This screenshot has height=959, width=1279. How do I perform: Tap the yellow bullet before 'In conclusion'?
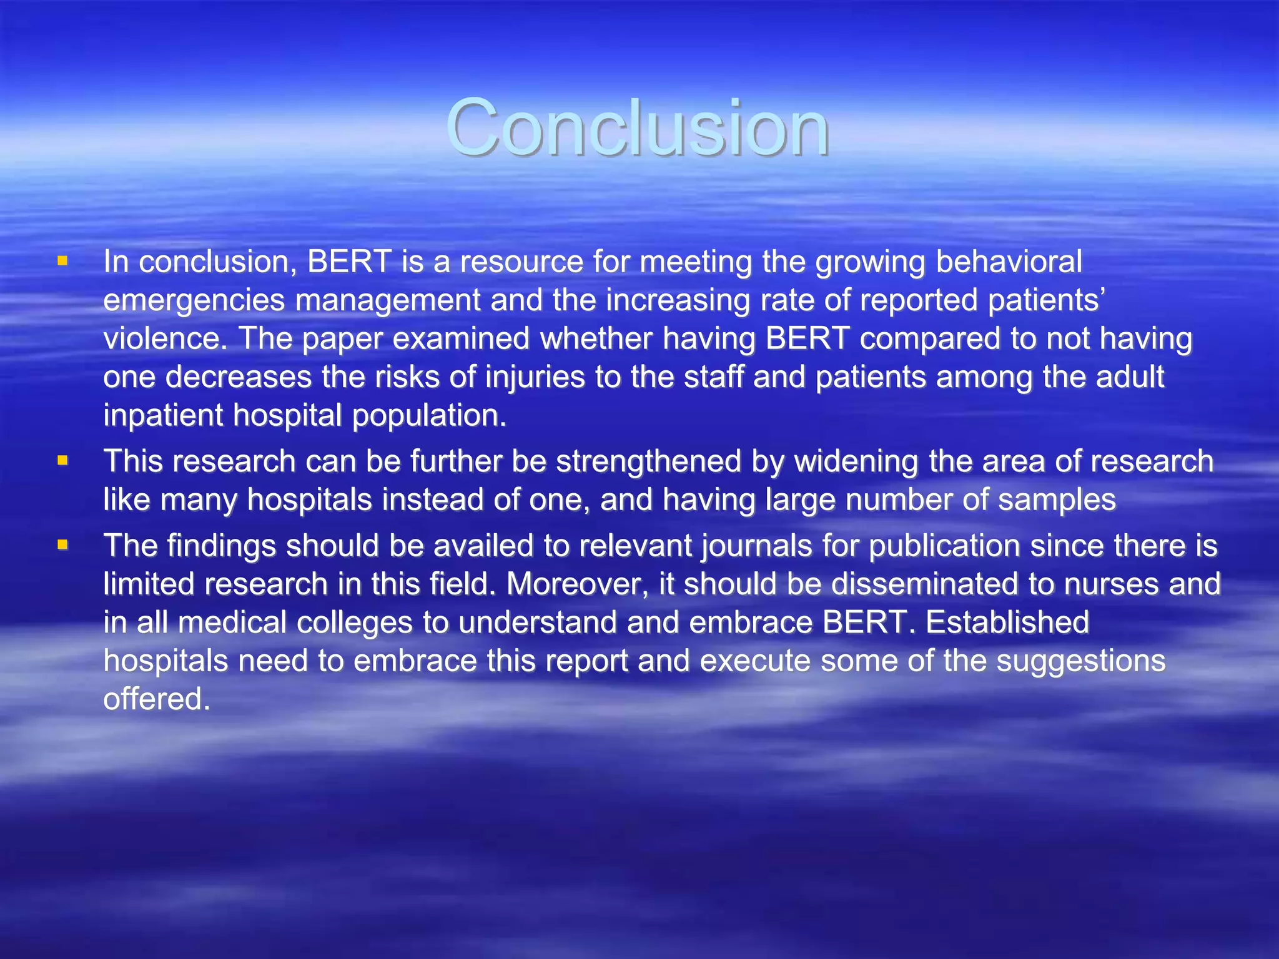(x=62, y=261)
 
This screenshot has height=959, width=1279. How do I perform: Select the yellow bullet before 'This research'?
(x=62, y=461)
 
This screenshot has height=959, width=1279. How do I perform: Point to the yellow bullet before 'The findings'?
(x=62, y=545)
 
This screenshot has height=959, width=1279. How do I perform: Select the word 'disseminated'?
(x=924, y=584)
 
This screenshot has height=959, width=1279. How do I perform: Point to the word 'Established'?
(x=1007, y=622)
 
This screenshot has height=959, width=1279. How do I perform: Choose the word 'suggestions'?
(x=1080, y=661)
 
